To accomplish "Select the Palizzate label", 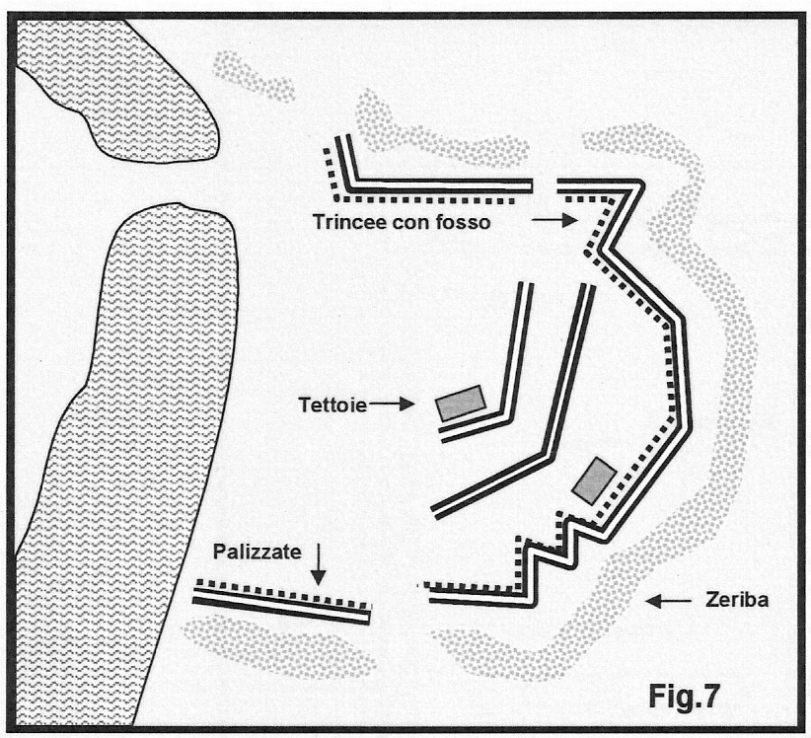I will point(256,555).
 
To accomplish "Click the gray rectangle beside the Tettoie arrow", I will point(459,403).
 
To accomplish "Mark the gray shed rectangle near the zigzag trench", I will point(595,481).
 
